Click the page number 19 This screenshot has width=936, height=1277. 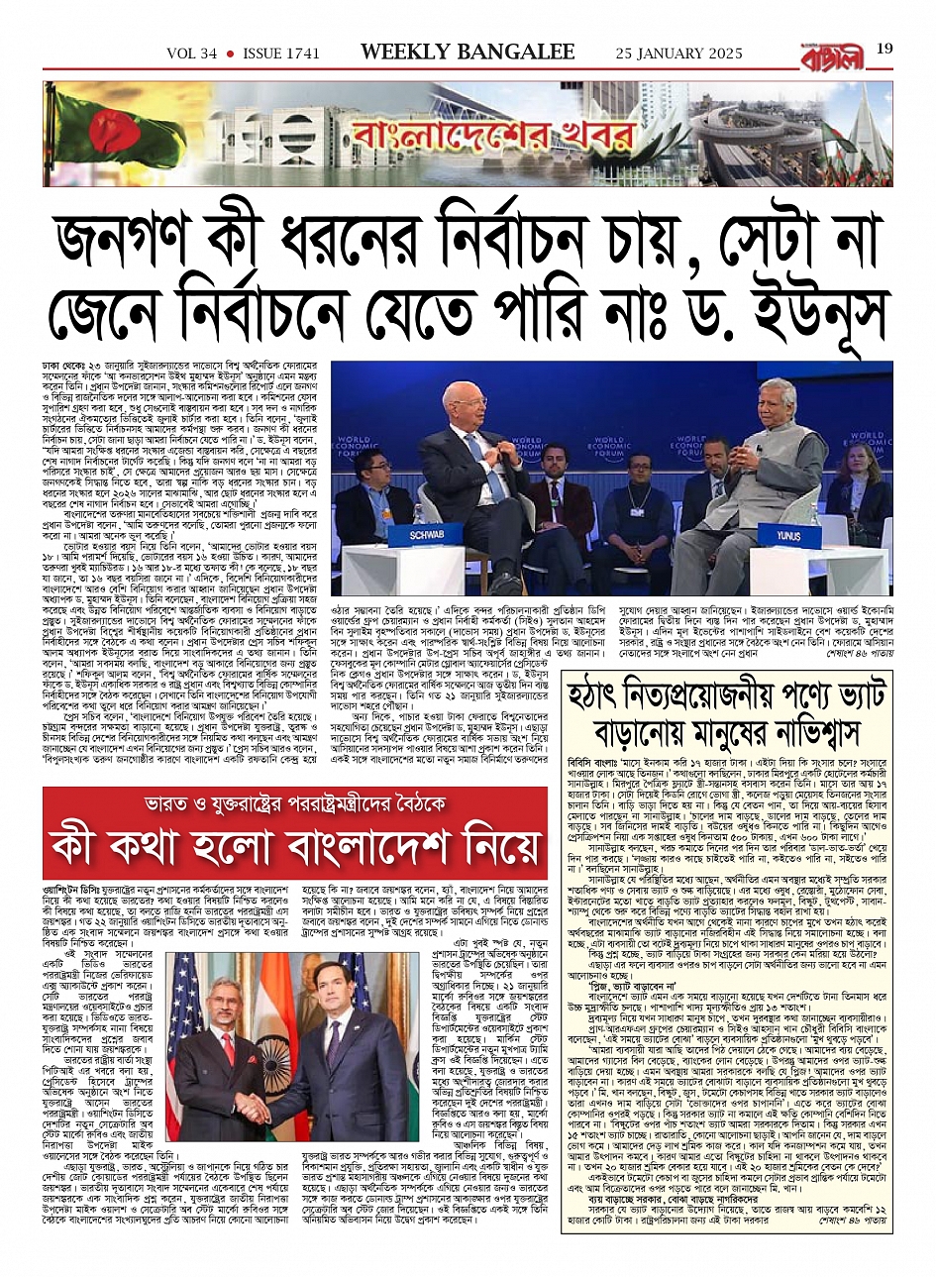click(x=884, y=49)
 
